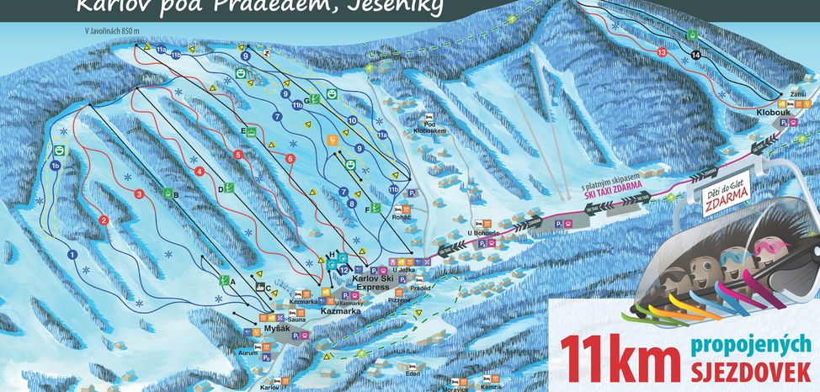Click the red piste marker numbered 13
coord(663,52)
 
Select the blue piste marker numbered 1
coord(72,254)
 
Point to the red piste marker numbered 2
coord(104,220)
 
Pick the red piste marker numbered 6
coord(290,158)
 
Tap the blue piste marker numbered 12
coord(344,269)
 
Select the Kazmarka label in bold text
coord(341,311)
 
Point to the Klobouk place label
coord(771,110)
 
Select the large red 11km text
coord(618,356)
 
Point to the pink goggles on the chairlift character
coord(769,249)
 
